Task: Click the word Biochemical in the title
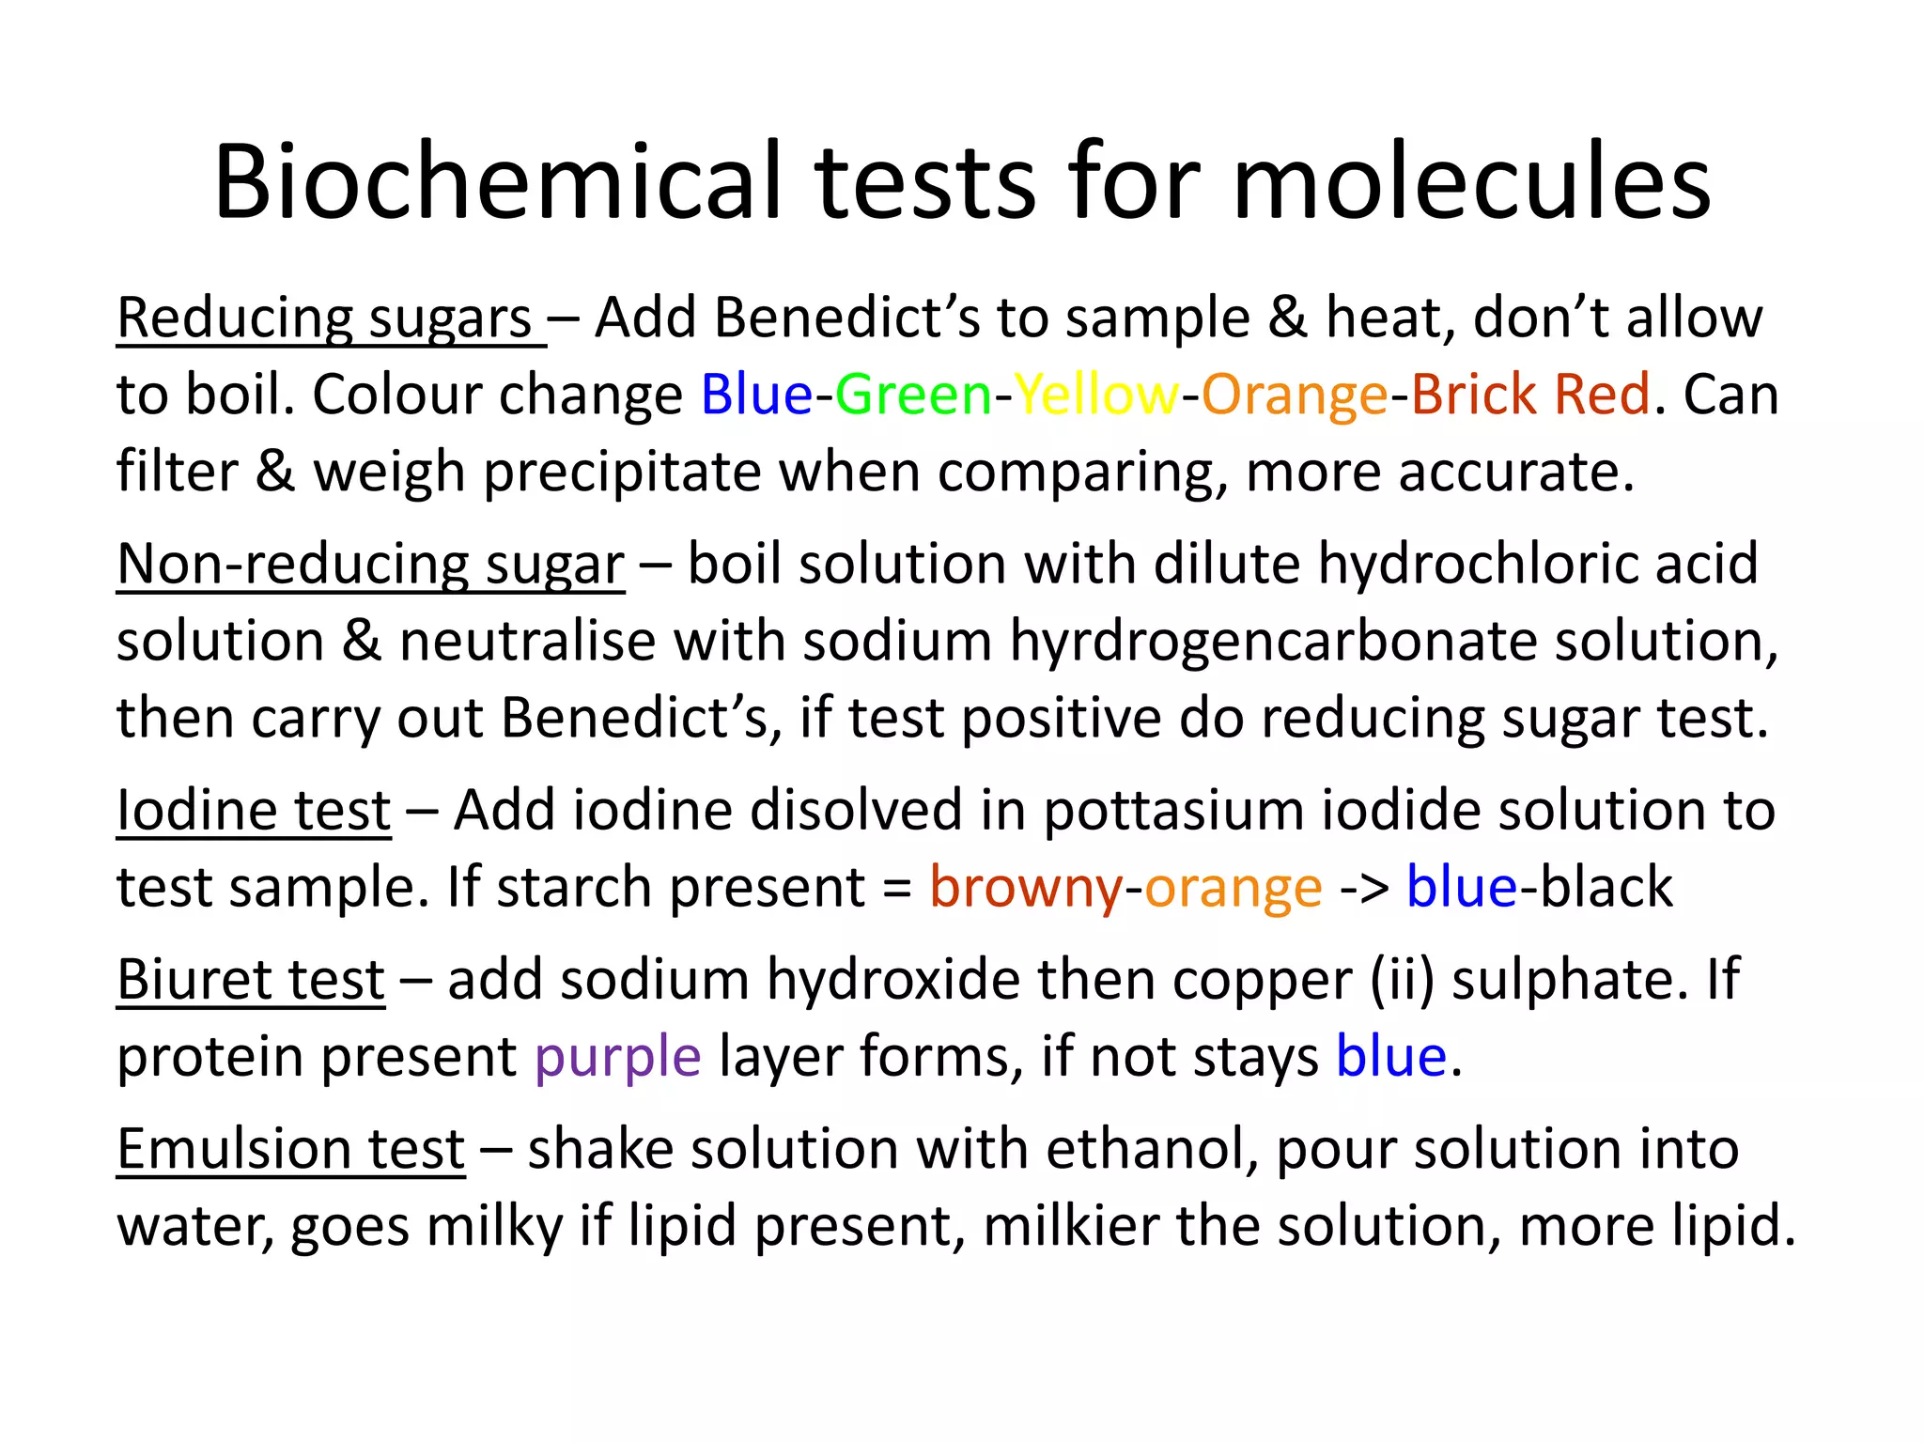tap(498, 181)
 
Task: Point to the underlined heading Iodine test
tap(254, 811)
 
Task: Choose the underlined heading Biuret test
tap(251, 980)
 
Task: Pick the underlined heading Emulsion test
tap(290, 1149)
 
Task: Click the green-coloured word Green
tap(913, 395)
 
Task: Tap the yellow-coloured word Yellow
tap(1095, 395)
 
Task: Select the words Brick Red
tap(1530, 395)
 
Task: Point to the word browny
tap(1025, 889)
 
